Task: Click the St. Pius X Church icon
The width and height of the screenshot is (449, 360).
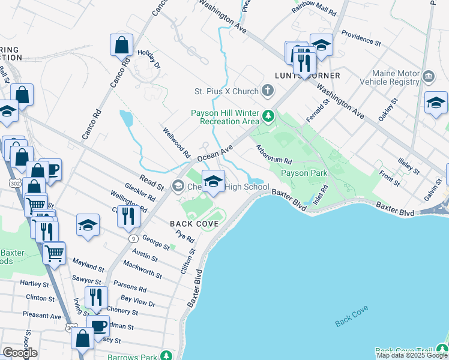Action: click(268, 91)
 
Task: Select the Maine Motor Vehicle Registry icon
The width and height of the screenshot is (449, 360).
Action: click(429, 76)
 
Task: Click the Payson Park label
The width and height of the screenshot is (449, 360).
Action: click(304, 173)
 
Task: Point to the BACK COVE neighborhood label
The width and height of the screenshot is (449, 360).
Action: click(193, 223)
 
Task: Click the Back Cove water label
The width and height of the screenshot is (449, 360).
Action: click(351, 316)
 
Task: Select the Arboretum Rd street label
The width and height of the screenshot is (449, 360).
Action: click(273, 154)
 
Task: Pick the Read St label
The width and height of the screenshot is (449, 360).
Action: click(152, 182)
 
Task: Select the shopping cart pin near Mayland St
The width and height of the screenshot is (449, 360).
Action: click(55, 253)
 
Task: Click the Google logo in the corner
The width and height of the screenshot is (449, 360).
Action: click(20, 353)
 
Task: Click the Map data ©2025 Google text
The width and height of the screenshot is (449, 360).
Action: click(412, 355)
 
